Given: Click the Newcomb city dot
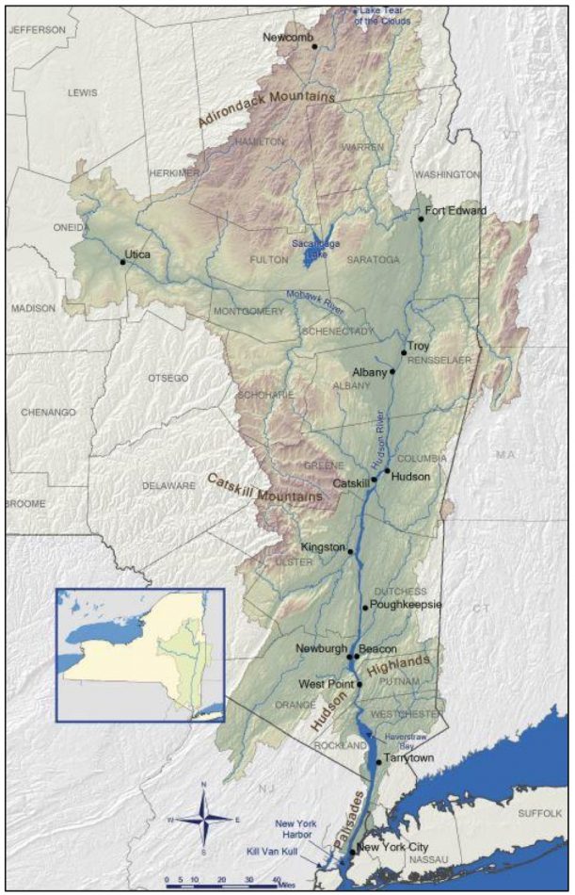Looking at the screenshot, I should (314, 45).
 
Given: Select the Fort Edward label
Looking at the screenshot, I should (455, 210).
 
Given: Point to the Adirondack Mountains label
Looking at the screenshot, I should (267, 109).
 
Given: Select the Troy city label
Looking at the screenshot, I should (418, 346).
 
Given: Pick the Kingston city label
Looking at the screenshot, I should (323, 546).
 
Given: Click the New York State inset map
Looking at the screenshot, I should (139, 655).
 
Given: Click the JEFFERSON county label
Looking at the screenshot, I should (38, 29).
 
